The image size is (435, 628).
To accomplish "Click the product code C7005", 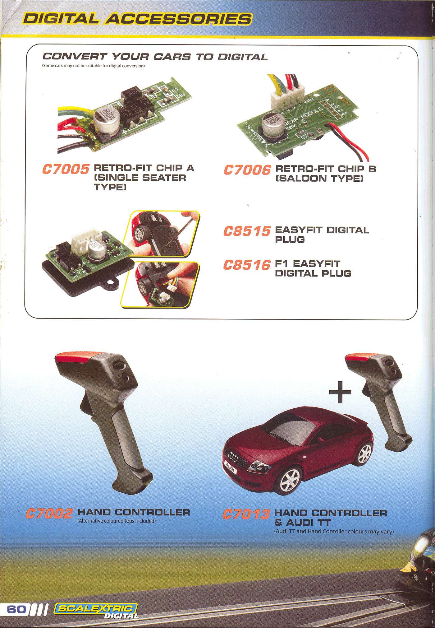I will coord(66,170).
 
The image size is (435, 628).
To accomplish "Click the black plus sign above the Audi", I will coord(340,393).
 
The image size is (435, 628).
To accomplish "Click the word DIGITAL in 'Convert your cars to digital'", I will coord(242,57).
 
